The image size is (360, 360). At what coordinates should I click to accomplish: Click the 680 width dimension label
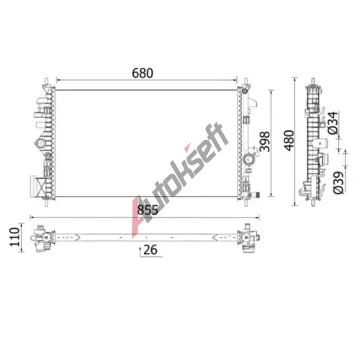(143, 73)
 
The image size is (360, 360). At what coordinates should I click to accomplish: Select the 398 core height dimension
(265, 142)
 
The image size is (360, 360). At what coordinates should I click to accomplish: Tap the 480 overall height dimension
(289, 140)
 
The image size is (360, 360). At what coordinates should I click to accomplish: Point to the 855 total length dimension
(148, 210)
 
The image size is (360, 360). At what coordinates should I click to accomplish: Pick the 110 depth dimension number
(14, 237)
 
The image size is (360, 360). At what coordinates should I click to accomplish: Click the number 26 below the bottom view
(150, 250)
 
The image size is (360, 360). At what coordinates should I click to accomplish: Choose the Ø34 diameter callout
(333, 123)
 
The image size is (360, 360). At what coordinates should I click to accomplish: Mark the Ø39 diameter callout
(338, 183)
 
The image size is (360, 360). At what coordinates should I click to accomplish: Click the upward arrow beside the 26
(140, 251)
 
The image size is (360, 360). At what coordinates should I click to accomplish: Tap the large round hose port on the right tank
(248, 159)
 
